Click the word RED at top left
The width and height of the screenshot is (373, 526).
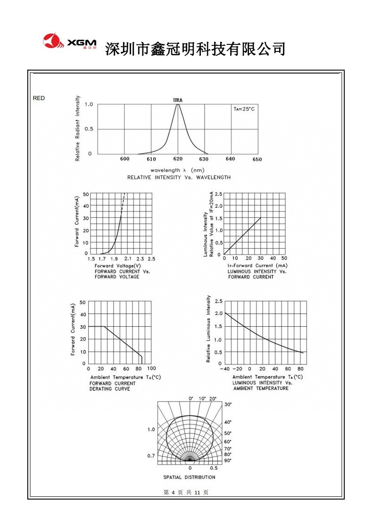click(39, 98)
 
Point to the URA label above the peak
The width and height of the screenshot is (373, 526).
click(178, 100)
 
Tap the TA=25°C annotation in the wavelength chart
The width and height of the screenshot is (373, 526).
click(244, 109)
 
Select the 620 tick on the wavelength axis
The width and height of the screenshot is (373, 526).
click(178, 159)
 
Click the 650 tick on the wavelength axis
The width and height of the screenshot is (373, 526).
click(257, 160)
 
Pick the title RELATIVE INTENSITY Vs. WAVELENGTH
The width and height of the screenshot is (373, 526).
click(179, 178)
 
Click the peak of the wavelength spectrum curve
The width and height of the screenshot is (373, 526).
click(178, 105)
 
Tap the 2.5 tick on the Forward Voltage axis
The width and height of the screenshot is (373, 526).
click(151, 259)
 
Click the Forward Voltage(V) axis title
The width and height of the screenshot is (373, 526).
click(114, 266)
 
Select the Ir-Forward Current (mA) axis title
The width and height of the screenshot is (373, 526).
click(257, 266)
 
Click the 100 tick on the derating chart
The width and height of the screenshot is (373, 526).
click(151, 368)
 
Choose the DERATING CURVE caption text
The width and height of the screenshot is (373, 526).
click(109, 389)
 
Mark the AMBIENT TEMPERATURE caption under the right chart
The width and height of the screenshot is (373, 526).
click(261, 388)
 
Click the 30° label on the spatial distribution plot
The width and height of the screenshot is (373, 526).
click(227, 405)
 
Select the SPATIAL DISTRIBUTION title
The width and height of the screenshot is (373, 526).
click(189, 477)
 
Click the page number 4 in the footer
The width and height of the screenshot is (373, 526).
click(173, 492)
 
